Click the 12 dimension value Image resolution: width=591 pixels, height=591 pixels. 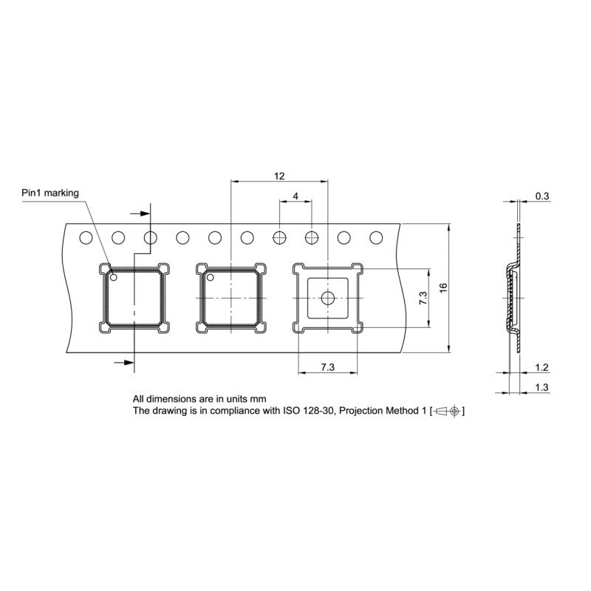point(279,176)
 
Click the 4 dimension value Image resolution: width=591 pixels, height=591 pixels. point(295,196)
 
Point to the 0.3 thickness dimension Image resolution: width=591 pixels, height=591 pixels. point(542,196)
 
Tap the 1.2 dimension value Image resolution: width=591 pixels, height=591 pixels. point(542,367)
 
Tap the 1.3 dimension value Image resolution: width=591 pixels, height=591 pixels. point(542,387)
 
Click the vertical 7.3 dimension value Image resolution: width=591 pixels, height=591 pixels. point(423,298)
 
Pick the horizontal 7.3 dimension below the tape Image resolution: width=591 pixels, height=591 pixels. point(327,367)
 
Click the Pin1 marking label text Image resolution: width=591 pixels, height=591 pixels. point(50,193)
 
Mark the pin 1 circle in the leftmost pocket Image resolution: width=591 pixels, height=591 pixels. point(114,278)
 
